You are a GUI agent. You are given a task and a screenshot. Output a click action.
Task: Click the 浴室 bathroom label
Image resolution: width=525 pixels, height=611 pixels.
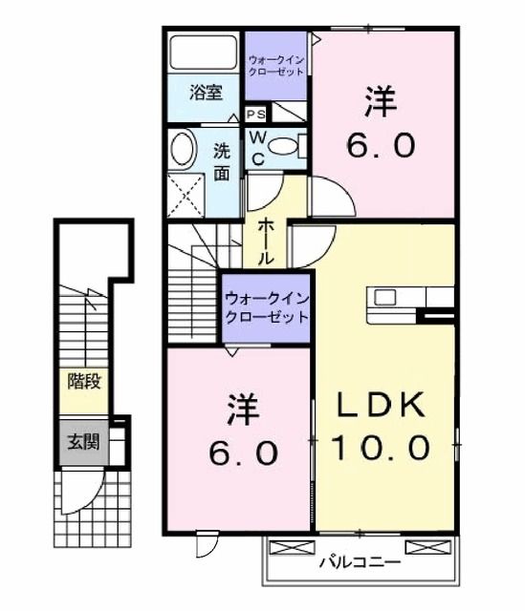206,94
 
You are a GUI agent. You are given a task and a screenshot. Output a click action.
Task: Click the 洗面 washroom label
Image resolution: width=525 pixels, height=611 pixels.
221,161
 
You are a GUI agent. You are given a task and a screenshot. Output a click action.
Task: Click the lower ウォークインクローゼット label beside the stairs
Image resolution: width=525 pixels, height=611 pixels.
267,307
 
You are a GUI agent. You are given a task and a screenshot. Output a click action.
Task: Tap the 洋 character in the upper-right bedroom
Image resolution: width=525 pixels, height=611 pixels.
380,102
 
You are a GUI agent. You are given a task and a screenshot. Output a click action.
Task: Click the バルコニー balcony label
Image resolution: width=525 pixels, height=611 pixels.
360,562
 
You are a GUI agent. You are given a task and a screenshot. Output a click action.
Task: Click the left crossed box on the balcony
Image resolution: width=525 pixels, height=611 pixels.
292,547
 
